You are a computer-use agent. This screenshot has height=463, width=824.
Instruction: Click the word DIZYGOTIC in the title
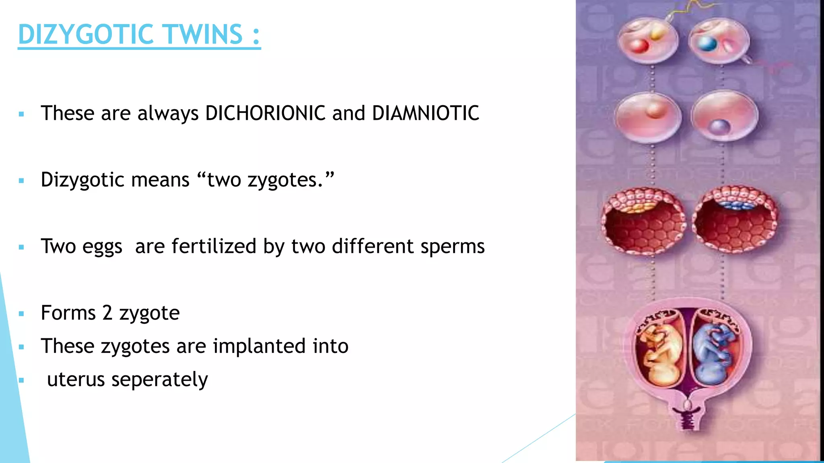(85, 35)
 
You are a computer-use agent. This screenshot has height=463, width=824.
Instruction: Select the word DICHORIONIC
(265, 113)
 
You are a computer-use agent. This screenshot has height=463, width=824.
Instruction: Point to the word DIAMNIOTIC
(425, 113)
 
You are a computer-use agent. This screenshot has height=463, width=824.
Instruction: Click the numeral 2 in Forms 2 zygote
(107, 313)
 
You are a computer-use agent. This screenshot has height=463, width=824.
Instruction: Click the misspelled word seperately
(160, 379)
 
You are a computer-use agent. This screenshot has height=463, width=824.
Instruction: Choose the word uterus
(76, 379)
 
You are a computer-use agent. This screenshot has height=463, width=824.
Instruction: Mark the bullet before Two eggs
(21, 247)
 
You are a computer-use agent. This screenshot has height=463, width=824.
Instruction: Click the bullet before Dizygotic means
(21, 181)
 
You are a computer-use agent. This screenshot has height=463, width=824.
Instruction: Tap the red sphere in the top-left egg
(639, 45)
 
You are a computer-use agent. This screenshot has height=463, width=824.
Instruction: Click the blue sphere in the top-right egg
(707, 43)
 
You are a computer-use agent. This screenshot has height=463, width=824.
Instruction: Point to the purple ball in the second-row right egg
(719, 127)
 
